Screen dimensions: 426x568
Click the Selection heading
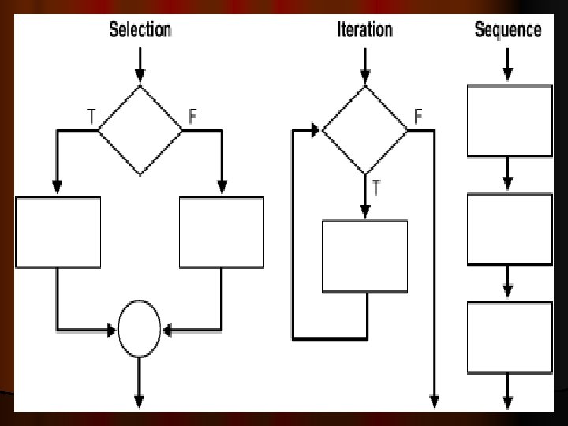tap(140, 30)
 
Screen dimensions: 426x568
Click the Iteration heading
tap(364, 30)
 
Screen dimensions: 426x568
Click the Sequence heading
tap(508, 30)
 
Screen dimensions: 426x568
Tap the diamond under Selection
tap(140, 130)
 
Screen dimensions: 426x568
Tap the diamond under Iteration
tap(364, 131)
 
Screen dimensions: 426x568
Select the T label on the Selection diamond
tap(92, 116)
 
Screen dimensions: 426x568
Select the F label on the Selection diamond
tap(192, 116)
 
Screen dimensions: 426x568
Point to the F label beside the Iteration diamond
tap(418, 116)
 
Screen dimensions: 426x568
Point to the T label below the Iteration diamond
tap(377, 189)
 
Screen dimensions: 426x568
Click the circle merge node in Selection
tap(140, 328)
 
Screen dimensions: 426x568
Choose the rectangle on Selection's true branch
tap(58, 233)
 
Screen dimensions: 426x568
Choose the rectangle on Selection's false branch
tap(222, 233)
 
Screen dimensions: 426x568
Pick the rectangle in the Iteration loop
tap(365, 256)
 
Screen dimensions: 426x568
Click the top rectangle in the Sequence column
tap(510, 121)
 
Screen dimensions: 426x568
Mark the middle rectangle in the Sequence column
tap(510, 229)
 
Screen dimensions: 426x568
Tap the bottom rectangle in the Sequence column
tap(510, 338)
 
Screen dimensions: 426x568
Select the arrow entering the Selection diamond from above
tap(140, 67)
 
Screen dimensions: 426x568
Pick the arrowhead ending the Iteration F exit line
tap(434, 402)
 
